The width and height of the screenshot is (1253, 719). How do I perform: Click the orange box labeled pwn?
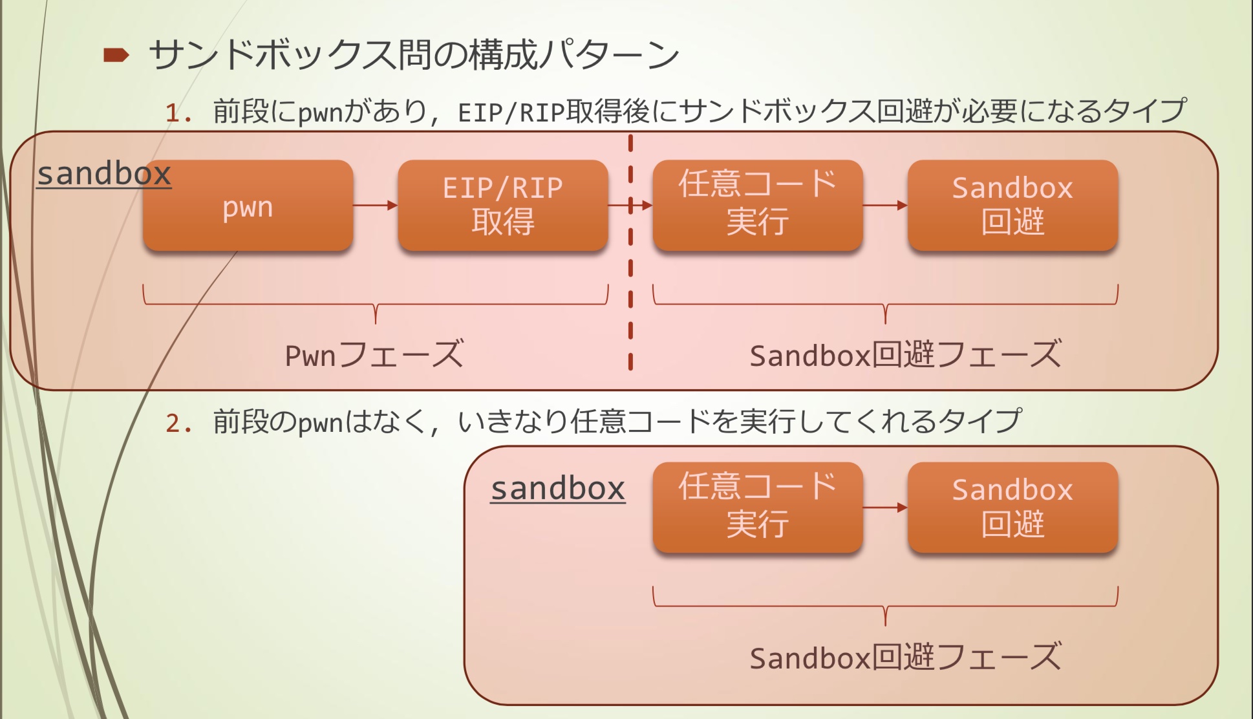click(248, 206)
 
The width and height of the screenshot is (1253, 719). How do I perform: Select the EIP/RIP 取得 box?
click(502, 206)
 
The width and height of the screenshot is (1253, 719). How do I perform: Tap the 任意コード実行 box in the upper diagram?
click(757, 206)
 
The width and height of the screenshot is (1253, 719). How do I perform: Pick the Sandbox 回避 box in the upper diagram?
click(1012, 206)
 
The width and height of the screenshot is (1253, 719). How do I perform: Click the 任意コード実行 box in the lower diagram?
click(757, 508)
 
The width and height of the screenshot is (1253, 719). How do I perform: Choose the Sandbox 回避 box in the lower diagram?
click(1012, 508)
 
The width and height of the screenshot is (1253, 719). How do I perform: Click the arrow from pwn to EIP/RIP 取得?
click(375, 206)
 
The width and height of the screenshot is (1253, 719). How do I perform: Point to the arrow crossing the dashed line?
click(630, 206)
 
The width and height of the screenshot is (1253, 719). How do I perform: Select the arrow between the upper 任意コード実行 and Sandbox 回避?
click(885, 206)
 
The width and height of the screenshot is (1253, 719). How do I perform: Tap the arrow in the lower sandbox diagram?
click(885, 508)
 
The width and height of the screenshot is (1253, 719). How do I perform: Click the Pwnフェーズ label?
click(374, 355)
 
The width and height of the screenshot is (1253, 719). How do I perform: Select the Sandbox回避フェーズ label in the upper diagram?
click(905, 355)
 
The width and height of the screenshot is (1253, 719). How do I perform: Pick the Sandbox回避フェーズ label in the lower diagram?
click(905, 658)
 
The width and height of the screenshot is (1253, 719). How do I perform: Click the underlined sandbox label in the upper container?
click(104, 174)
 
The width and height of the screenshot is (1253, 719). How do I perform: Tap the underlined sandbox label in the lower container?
click(558, 488)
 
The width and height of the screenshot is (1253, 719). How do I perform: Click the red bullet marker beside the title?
click(116, 56)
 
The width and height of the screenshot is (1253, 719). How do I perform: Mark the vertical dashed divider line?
click(630, 291)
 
